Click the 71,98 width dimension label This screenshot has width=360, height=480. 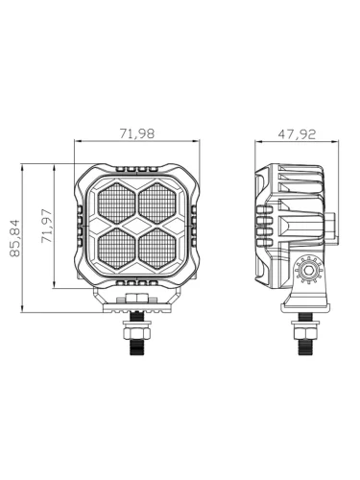137,133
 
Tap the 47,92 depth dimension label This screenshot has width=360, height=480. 297,134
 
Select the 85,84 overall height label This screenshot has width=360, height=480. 14,238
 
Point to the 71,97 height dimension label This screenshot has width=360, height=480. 46,226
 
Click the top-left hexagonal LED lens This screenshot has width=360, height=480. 116,204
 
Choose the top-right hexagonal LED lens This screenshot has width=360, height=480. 157,204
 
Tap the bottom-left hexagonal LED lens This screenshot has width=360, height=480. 116,249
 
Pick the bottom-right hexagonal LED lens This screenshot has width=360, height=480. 157,249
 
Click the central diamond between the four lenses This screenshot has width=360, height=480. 136,226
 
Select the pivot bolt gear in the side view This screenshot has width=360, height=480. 308,270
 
